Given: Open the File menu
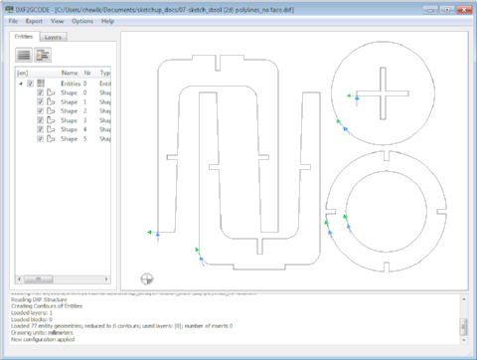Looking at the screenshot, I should coord(14,20).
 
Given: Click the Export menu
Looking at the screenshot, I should coord(35,20).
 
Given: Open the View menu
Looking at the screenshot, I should coord(59,20).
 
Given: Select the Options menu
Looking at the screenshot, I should coord(82,20).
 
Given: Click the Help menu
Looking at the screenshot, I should coord(107,20).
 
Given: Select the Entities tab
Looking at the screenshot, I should coord(24,37).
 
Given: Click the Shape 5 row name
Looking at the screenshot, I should coord(68,138).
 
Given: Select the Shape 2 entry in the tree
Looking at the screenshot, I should coord(68,110).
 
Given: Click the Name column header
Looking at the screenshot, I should coord(70,73).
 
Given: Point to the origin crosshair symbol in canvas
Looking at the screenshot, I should coord(147,278).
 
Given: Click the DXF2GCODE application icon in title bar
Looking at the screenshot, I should coord(8,7).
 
